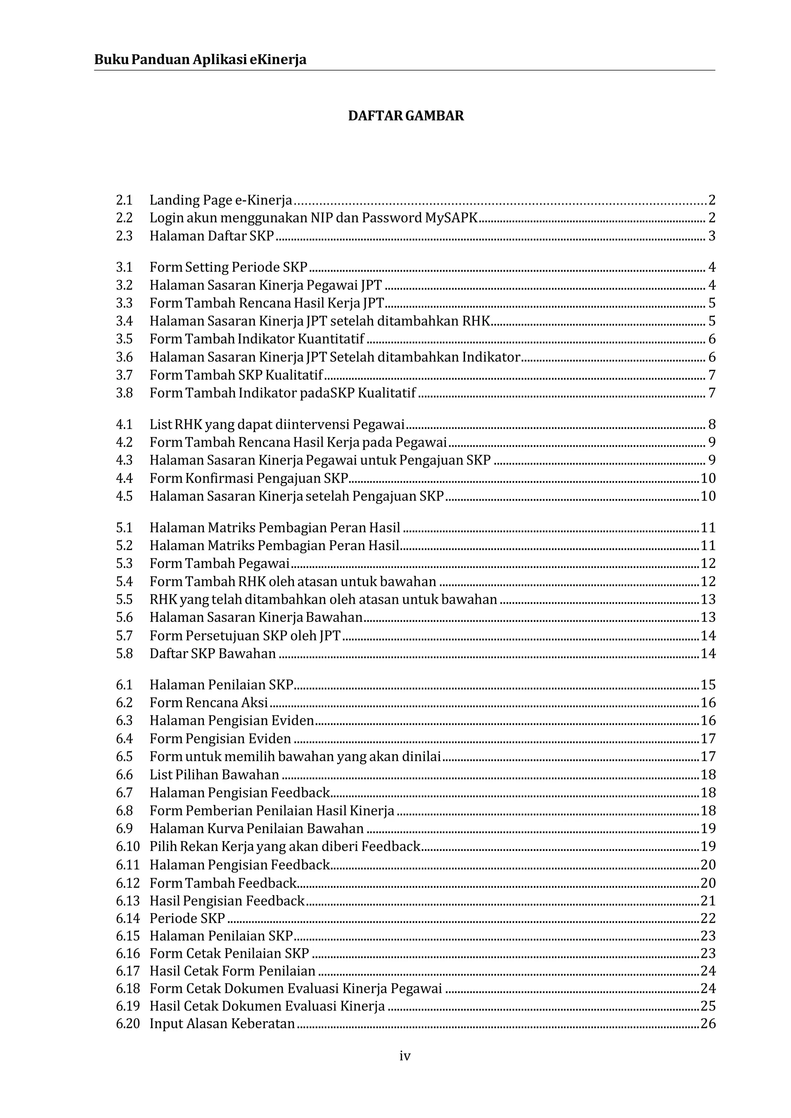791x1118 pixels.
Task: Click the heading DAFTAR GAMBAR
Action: (x=406, y=116)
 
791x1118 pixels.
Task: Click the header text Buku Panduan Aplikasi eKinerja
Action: (x=200, y=60)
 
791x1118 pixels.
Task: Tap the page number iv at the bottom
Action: (x=405, y=1056)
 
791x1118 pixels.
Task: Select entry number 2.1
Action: (x=124, y=200)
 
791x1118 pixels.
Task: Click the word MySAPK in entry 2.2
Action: (x=451, y=218)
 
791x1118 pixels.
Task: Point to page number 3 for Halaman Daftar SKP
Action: (x=711, y=236)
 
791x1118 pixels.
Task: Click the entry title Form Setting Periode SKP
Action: (x=228, y=267)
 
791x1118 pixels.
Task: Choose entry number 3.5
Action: (x=124, y=339)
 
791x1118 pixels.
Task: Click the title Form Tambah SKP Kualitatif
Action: (x=236, y=375)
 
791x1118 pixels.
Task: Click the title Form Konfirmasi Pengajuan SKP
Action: (x=249, y=478)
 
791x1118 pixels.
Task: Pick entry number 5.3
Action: (x=124, y=563)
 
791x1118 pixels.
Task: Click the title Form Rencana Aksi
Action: (x=209, y=703)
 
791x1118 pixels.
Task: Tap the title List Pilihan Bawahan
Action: (x=214, y=775)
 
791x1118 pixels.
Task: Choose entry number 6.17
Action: (x=127, y=971)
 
